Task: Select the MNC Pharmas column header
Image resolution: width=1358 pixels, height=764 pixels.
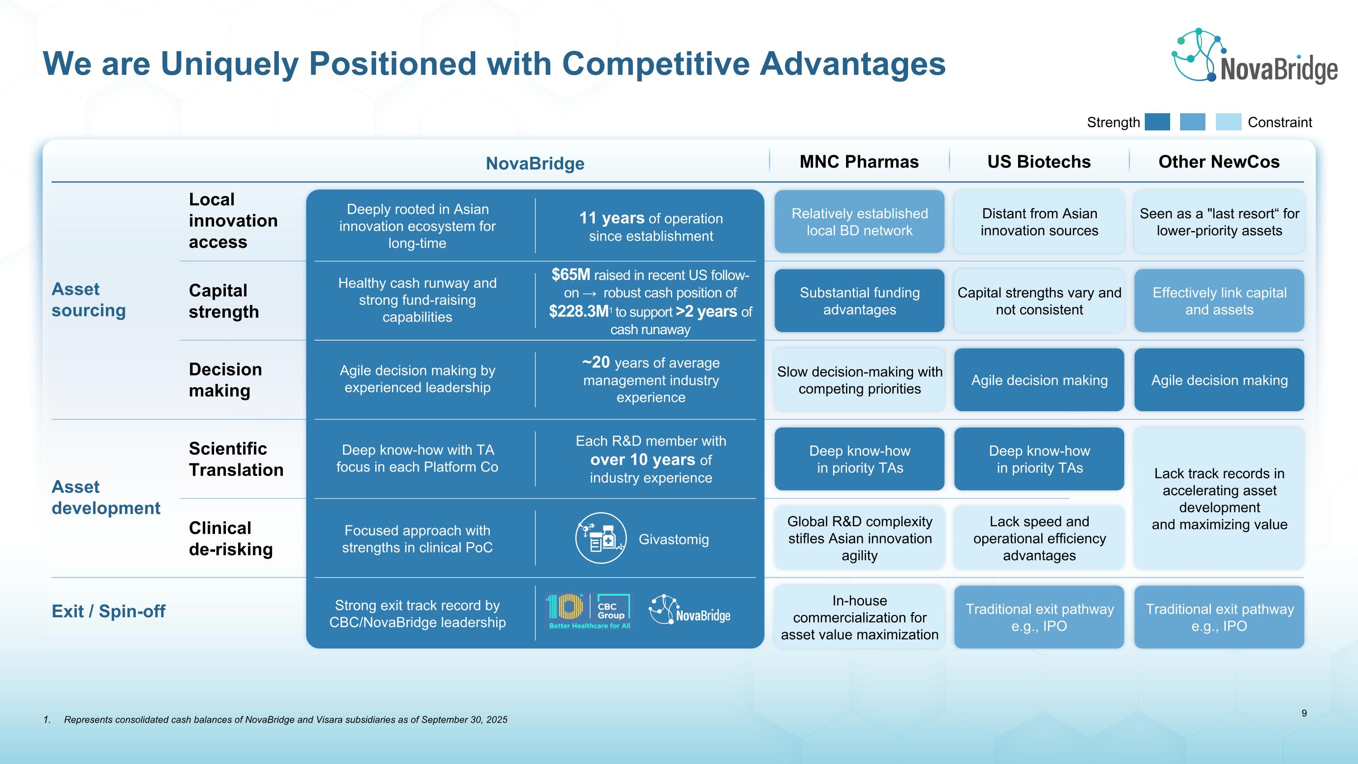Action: coord(859,161)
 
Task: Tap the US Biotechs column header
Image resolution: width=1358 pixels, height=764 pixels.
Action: coord(1038,161)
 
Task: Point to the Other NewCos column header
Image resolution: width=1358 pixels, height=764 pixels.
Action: coord(1219,161)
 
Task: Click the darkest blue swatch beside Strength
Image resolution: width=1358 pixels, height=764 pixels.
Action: coord(1157,122)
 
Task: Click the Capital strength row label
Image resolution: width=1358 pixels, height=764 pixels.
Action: coord(224,301)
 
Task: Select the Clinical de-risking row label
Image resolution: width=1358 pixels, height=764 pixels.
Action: coord(230,538)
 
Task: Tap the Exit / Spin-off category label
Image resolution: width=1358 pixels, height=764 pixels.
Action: coord(108,611)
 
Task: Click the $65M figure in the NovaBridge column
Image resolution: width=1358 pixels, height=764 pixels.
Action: coord(570,275)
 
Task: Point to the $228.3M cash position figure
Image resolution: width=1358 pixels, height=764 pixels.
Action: coord(579,312)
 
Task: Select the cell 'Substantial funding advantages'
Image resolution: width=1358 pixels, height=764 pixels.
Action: coord(859,301)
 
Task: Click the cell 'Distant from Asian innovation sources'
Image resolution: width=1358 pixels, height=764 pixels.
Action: coord(1039,222)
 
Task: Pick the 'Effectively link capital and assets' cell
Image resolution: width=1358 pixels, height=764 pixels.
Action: coord(1219,301)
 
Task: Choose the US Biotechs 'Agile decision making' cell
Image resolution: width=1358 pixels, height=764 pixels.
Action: coord(1039,380)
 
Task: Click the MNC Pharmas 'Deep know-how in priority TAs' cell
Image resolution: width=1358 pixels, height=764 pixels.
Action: coord(859,459)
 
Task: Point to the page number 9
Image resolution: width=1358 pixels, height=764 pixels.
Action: coord(1304,713)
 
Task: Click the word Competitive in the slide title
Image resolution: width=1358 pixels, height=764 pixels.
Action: coord(655,64)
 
